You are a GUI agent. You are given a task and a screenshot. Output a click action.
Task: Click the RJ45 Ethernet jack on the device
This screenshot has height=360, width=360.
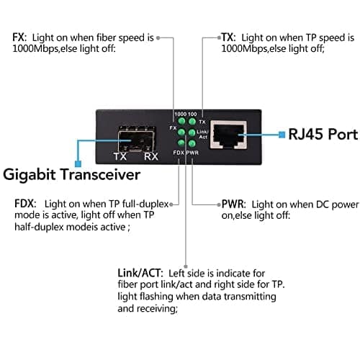point(228,135)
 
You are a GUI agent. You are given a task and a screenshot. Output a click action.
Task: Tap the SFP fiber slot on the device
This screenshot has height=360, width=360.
point(137,139)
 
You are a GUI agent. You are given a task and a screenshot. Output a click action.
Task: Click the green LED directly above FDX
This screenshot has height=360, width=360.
point(181,143)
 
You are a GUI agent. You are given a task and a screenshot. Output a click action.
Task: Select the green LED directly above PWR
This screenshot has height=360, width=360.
point(192,143)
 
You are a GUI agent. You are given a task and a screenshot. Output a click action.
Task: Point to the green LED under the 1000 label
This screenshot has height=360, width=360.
point(181,121)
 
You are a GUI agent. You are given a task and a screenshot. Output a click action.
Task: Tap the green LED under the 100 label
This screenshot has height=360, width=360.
point(192,121)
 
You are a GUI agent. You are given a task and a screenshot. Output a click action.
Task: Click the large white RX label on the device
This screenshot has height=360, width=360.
point(151,157)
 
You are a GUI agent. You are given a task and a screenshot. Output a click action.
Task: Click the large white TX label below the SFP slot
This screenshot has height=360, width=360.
point(120,157)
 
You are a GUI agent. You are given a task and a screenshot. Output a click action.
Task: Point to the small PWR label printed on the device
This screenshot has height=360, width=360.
point(192,153)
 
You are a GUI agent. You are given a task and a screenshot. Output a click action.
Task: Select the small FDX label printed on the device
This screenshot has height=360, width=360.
point(179,153)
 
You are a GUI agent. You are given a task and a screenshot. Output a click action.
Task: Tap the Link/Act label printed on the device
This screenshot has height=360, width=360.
point(202,135)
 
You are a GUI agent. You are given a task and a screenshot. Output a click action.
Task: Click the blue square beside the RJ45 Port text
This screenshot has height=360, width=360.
point(282,135)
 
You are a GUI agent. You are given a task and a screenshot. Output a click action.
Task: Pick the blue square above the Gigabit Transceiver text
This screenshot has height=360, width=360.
point(78,163)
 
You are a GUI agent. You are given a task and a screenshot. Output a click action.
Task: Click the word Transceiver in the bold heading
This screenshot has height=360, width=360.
point(100,175)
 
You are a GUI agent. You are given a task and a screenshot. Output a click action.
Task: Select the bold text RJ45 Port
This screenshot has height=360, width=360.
point(323,134)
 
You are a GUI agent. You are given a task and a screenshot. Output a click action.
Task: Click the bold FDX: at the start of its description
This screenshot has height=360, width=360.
point(25,204)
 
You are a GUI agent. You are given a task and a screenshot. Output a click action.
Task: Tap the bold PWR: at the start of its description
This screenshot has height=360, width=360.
point(233,204)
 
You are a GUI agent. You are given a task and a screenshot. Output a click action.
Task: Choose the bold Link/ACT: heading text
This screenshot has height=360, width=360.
point(140,273)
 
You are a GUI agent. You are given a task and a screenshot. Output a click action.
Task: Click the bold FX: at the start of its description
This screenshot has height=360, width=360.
point(19,37)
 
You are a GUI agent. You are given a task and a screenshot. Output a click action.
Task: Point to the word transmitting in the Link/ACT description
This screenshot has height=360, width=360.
point(250,297)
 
